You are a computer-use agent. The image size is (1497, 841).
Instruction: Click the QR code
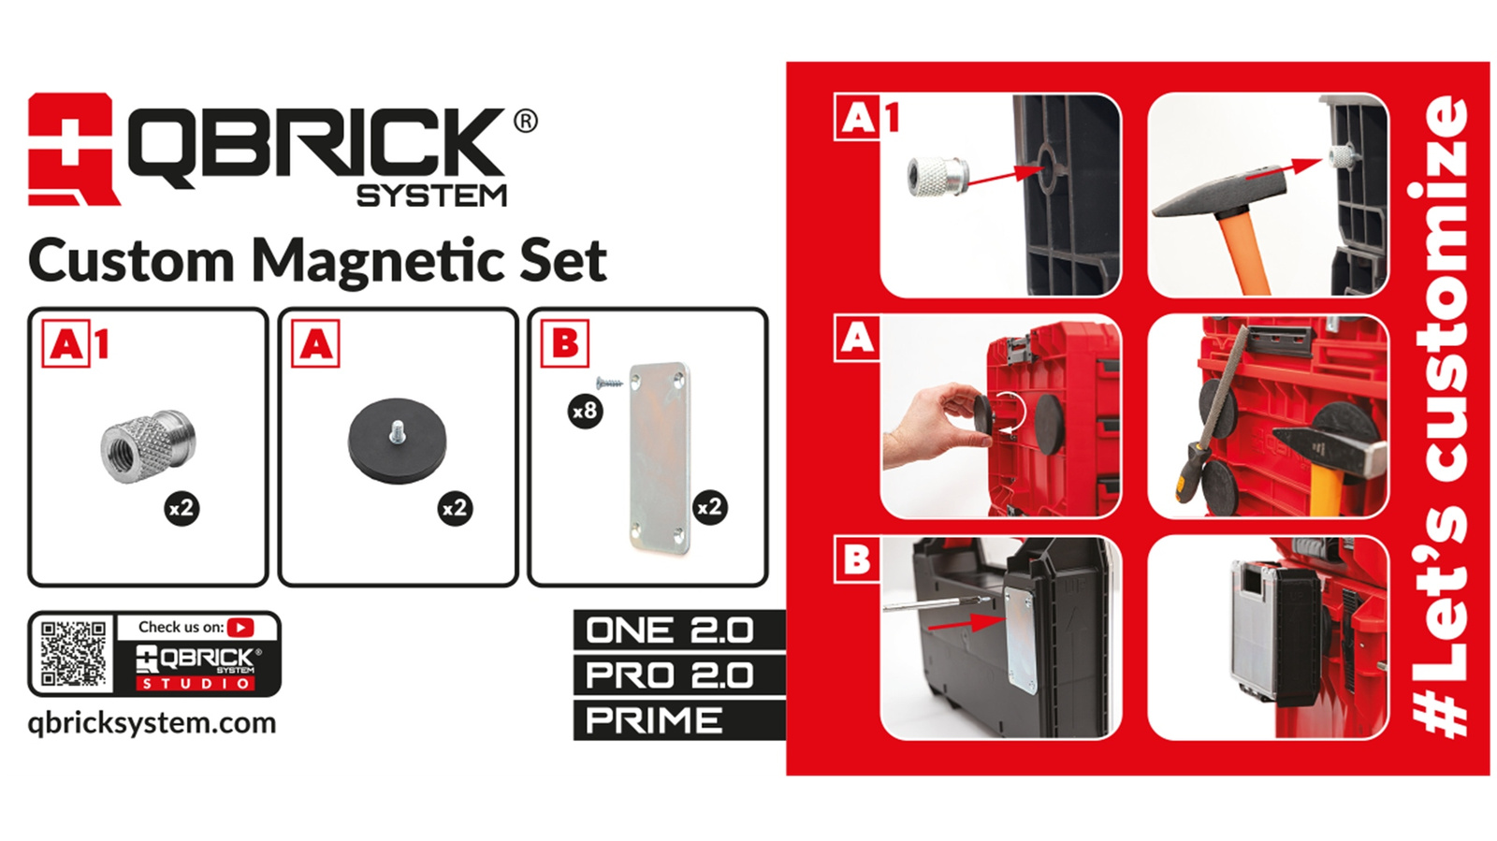(73, 654)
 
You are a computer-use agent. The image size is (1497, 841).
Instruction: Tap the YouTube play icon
(240, 628)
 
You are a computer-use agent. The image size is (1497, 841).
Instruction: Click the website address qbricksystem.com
(152, 723)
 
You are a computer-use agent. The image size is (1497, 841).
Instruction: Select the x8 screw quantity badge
(585, 410)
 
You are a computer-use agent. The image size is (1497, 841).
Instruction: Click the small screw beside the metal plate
(609, 382)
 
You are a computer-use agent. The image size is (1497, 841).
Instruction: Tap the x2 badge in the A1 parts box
(182, 508)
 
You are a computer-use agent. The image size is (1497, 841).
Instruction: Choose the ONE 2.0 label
(669, 631)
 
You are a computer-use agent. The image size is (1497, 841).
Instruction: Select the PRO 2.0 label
(669, 675)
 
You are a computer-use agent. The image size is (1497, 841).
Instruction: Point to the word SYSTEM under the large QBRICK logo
(431, 196)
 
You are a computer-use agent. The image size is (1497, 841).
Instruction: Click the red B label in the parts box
(565, 343)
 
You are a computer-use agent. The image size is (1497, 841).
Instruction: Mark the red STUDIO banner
(196, 684)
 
